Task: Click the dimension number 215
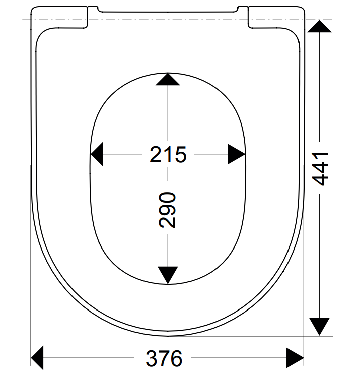coord(168,154)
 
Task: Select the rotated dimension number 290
coord(167,210)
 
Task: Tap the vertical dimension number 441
coord(321,169)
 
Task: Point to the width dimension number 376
coord(164,358)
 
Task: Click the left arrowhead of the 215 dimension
coord(97,154)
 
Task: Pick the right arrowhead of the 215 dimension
coord(237,154)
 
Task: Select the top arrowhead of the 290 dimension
coord(168,79)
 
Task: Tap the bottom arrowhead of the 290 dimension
coord(168,275)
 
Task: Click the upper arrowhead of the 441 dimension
coord(320,26)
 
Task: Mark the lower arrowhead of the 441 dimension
coord(320,327)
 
